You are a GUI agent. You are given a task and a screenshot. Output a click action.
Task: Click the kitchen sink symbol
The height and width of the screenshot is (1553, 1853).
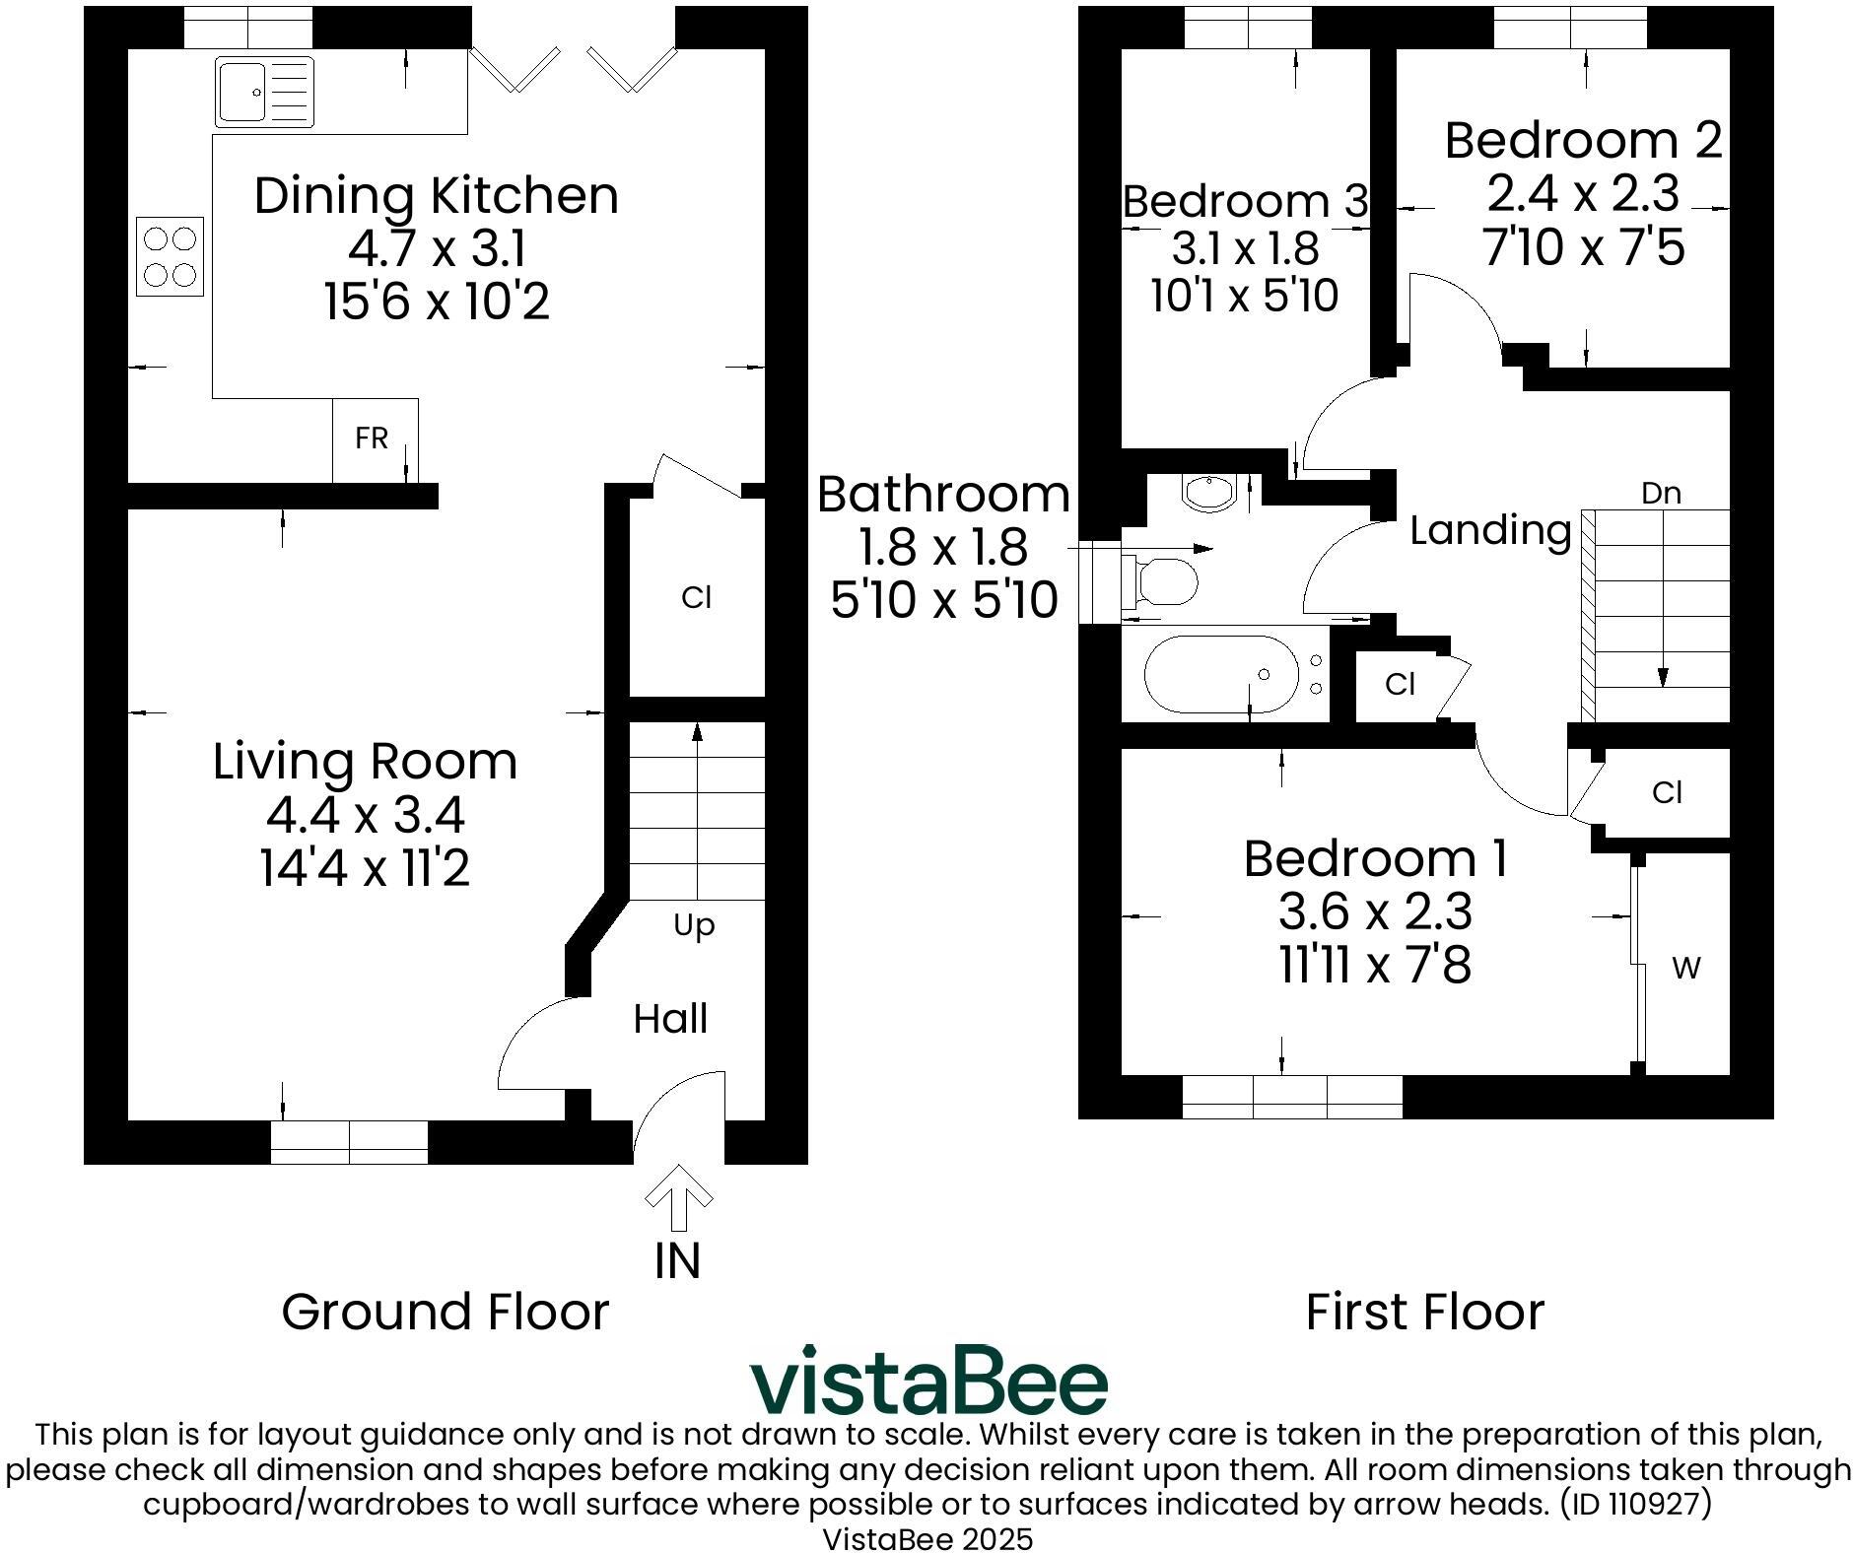tap(264, 92)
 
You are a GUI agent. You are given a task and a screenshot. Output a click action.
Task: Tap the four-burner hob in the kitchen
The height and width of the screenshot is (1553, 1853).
tap(170, 256)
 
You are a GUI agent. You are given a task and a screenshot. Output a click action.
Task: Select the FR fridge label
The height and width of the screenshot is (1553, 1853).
tap(372, 439)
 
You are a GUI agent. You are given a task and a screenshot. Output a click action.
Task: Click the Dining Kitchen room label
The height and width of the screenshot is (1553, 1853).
tap(437, 195)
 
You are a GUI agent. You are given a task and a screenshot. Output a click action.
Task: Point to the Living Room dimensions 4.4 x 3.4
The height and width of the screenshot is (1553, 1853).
tap(366, 815)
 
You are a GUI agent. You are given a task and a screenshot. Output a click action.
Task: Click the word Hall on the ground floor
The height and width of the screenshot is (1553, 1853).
tap(670, 1019)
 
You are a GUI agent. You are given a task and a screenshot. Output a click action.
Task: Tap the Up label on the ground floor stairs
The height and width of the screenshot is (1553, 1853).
tap(694, 926)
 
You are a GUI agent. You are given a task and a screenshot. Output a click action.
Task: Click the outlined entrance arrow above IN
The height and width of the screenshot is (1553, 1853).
tap(678, 1197)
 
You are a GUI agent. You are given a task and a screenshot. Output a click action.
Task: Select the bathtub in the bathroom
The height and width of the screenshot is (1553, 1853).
tap(1221, 674)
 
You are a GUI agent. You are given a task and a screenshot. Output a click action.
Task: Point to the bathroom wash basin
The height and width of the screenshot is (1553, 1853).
tap(1207, 493)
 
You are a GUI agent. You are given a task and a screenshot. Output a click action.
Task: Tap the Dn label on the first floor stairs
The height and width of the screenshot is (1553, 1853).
tap(1661, 493)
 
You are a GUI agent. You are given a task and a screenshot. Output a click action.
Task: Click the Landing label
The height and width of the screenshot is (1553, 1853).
tap(1490, 530)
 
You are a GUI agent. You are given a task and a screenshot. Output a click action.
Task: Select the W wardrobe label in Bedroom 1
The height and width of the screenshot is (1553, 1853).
tap(1686, 969)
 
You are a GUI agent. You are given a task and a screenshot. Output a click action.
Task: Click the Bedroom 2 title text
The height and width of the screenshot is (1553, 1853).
tap(1583, 140)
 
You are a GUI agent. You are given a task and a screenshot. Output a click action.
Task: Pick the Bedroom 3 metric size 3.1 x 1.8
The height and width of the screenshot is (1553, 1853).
tap(1245, 248)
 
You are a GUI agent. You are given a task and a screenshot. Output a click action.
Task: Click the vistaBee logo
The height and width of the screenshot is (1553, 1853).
tap(928, 1380)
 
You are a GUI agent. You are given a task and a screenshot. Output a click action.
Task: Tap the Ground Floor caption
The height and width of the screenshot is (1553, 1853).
tap(446, 1312)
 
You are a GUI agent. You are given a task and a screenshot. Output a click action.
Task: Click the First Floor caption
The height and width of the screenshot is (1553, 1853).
tap(1425, 1312)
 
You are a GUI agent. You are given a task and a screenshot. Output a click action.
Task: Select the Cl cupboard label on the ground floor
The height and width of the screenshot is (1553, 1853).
tap(696, 597)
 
